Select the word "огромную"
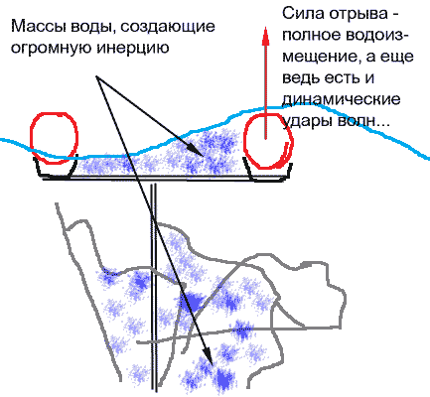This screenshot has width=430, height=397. (52, 49)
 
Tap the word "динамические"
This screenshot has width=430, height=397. (342, 99)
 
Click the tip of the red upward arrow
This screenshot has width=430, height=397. (265, 29)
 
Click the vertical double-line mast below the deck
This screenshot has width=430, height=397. (153, 287)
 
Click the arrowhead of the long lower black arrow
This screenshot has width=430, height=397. (209, 355)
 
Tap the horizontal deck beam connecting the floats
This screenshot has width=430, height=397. (162, 179)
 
